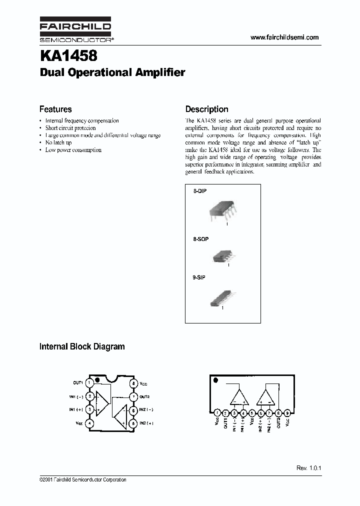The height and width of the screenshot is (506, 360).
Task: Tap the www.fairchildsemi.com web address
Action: [x=284, y=37]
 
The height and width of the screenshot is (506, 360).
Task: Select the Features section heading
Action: [x=55, y=109]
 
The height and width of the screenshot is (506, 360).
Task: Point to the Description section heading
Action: [x=206, y=109]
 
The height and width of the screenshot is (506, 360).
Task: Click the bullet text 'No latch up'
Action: [x=58, y=142]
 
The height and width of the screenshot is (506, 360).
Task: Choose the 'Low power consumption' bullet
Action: [x=73, y=150]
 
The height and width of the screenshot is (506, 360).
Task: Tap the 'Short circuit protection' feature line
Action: [x=70, y=128]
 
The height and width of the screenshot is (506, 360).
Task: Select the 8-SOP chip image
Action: [x=221, y=256]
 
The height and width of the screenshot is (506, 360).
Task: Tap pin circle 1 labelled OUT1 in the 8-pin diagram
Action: [x=89, y=383]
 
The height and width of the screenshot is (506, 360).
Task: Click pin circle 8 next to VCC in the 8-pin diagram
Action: [x=134, y=383]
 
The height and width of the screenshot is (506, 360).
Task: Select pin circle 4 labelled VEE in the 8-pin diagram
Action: [x=89, y=423]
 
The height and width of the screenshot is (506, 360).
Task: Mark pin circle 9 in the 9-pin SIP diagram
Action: [x=287, y=413]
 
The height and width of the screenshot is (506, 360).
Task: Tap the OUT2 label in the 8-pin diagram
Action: [x=145, y=396]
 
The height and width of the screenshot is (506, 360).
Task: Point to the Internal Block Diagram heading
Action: [x=82, y=346]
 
